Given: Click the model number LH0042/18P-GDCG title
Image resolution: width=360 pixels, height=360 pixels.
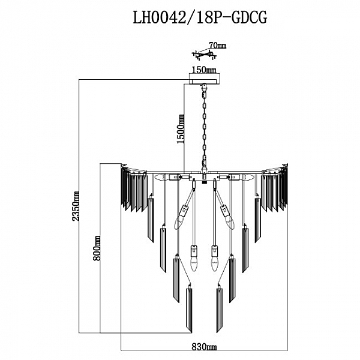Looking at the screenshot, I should click(199, 19).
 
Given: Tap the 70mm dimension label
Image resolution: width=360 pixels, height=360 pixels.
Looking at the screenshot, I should click(217, 46).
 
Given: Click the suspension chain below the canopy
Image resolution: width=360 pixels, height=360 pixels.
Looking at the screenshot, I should click(205, 126).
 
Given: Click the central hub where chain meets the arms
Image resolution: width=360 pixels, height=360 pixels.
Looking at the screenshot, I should click(205, 175).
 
